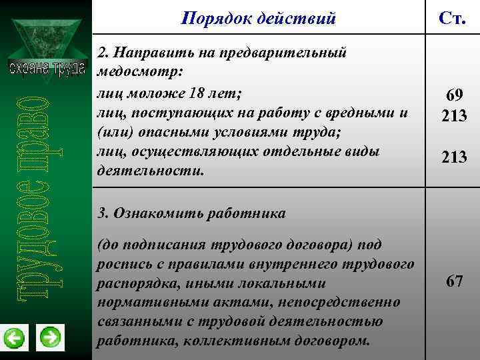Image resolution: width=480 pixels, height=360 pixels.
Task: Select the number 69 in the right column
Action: tap(454, 95)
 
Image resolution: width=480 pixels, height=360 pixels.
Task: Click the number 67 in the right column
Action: tap(455, 281)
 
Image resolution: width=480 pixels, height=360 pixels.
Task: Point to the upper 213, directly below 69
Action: tap(454, 116)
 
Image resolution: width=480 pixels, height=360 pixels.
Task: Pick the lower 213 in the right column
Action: tap(454, 157)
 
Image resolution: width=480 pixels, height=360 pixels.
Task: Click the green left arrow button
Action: tap(14, 339)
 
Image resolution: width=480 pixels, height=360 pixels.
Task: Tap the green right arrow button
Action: tap(50, 337)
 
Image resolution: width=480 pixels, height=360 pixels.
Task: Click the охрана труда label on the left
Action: tap(46, 69)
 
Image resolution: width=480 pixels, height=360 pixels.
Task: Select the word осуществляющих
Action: tap(176, 151)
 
